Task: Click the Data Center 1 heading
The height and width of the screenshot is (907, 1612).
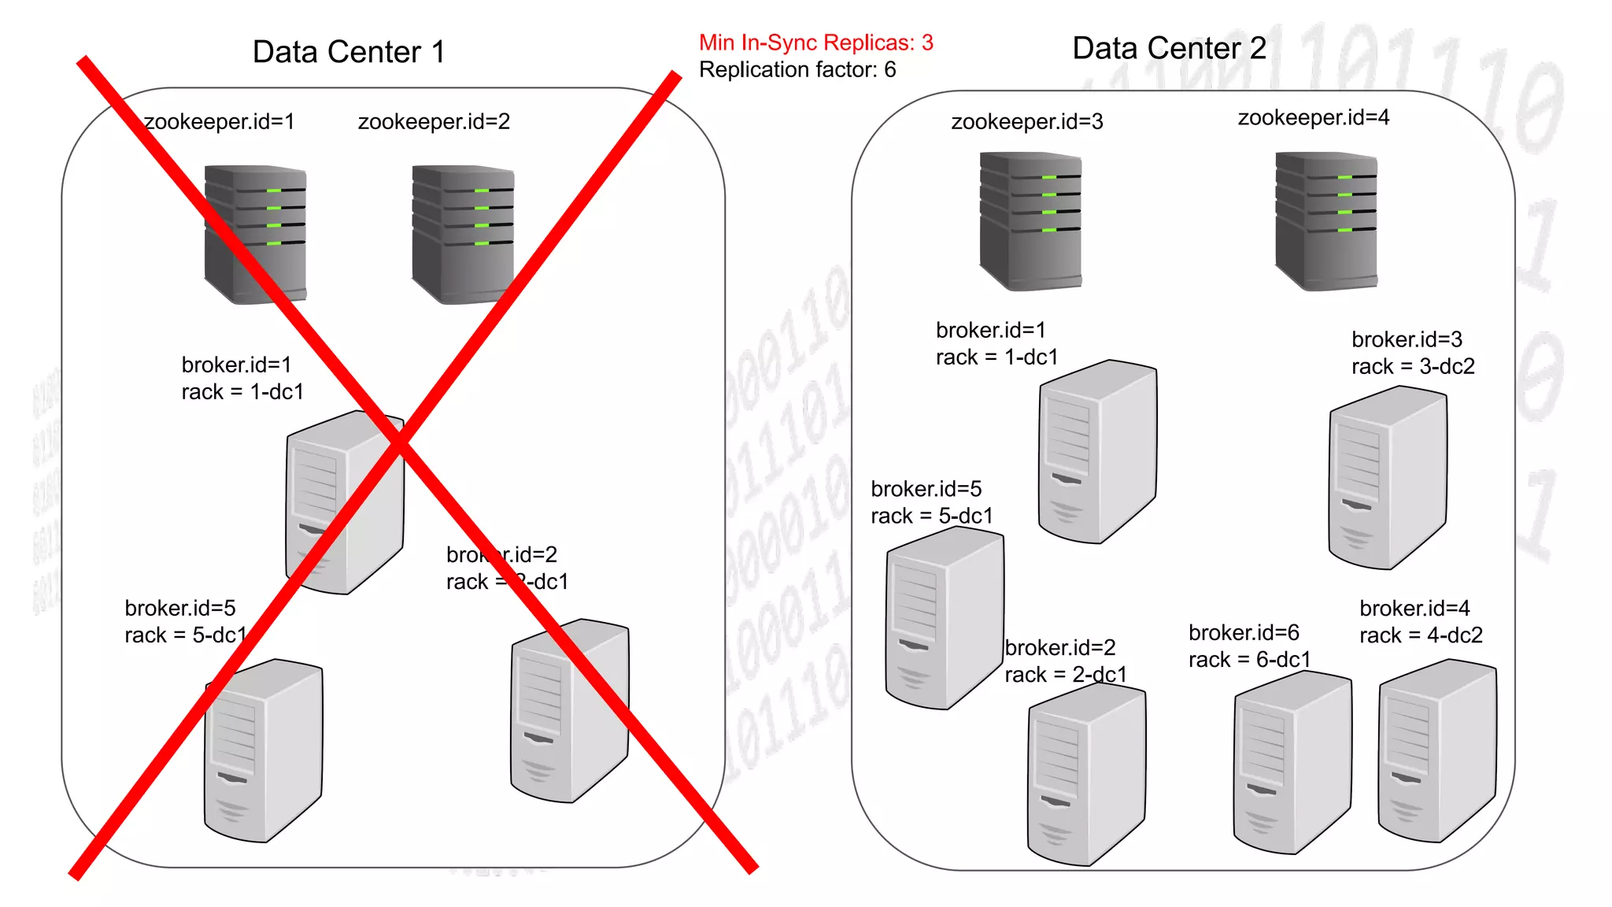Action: tap(349, 53)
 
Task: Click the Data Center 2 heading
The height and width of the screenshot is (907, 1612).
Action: tap(1169, 49)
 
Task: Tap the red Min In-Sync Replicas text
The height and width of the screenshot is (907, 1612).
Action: tap(815, 43)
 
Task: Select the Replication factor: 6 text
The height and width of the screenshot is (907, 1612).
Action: tap(797, 70)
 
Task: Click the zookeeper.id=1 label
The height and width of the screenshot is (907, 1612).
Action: tap(219, 122)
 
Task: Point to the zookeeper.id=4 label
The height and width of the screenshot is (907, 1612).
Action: tap(1313, 118)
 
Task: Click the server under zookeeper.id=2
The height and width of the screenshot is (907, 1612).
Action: tap(463, 234)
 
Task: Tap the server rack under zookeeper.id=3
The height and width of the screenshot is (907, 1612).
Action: tap(1030, 221)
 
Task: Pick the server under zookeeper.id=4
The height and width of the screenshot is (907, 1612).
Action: tap(1326, 221)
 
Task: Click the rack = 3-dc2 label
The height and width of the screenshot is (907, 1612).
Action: tap(1413, 367)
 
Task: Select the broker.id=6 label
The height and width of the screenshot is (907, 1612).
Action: tap(1244, 633)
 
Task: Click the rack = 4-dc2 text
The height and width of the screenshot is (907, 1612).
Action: tap(1421, 635)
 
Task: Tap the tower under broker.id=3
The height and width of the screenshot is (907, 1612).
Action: tap(1387, 477)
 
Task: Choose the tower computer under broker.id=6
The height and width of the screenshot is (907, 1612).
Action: tap(1292, 762)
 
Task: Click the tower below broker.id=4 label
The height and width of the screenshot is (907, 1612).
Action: tap(1436, 750)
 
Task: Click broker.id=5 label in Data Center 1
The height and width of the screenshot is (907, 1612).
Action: tap(180, 609)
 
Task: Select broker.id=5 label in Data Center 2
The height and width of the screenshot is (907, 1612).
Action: tap(926, 490)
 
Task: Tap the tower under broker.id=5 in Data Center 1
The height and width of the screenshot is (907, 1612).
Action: tap(262, 750)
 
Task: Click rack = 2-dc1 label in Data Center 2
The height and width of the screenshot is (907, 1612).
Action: tap(1065, 675)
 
